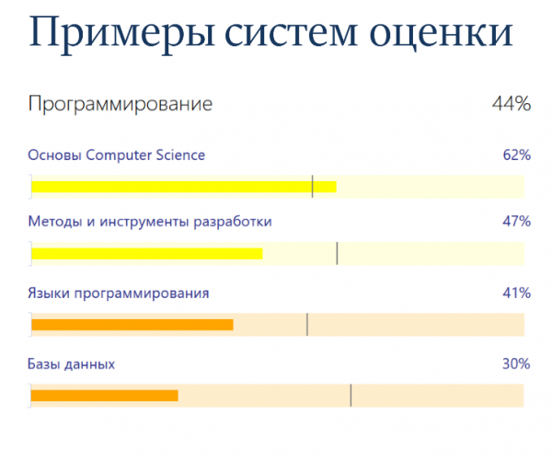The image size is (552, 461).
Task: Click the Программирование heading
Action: (121, 105)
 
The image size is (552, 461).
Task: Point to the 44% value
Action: (512, 104)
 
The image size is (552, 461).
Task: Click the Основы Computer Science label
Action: (117, 156)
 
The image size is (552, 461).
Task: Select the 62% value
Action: (517, 155)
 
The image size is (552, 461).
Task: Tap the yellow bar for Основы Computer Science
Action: (184, 187)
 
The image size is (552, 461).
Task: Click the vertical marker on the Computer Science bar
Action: (312, 187)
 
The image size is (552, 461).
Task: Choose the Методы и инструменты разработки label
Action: (150, 222)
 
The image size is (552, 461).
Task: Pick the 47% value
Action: (517, 222)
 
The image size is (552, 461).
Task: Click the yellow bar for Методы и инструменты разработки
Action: (147, 254)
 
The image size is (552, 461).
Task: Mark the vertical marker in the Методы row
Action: (337, 253)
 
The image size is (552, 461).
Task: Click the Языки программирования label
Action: (119, 294)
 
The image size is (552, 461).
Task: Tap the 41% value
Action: (517, 293)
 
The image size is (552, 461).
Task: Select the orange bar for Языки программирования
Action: (132, 325)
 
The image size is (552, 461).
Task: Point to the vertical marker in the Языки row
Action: (307, 324)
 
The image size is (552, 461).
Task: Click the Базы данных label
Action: (72, 364)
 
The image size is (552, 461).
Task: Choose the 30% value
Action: (516, 363)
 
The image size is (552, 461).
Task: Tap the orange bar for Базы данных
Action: (105, 396)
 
